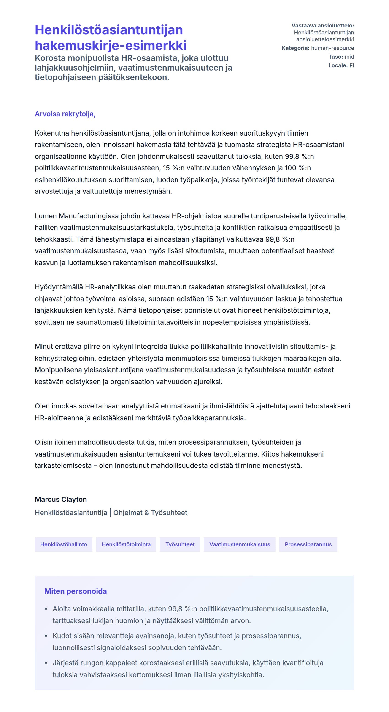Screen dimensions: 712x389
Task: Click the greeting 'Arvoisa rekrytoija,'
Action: [x=65, y=114]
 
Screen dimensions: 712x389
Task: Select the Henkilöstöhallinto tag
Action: [x=64, y=544]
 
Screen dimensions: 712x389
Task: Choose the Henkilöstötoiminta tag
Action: [x=126, y=544]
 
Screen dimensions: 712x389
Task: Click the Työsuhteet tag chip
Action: [x=180, y=544]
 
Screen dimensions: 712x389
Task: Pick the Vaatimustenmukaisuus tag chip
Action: [x=240, y=544]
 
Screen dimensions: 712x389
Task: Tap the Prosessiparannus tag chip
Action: [x=308, y=544]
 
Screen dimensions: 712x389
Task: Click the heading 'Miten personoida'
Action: [x=76, y=591]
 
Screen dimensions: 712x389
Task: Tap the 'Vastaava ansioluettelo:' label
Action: [x=323, y=26]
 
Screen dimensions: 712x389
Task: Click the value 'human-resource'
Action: [x=332, y=48]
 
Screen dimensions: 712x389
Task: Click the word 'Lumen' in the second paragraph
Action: [x=46, y=216]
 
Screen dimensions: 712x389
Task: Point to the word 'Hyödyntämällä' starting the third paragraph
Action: [x=59, y=287]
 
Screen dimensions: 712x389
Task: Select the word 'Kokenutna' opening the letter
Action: [x=52, y=133]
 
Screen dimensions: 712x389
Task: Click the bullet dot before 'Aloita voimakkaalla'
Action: [x=46, y=609]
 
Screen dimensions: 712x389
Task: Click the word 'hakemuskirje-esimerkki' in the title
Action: [x=111, y=46]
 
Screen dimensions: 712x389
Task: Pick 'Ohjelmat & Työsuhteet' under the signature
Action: [x=150, y=513]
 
